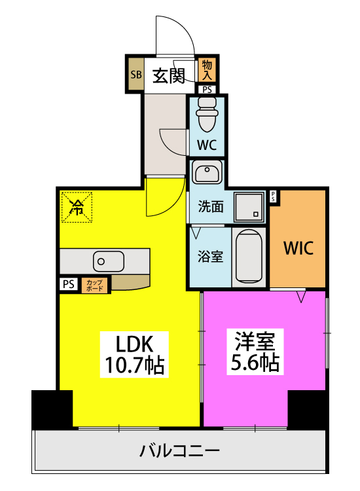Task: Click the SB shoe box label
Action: click(136, 75)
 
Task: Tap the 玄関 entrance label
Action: click(169, 76)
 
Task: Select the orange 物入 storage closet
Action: click(207, 70)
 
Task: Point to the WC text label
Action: click(207, 145)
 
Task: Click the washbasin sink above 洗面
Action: click(207, 172)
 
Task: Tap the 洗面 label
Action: click(211, 207)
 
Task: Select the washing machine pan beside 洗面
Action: click(249, 207)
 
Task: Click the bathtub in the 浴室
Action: click(249, 257)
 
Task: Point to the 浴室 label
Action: click(210, 257)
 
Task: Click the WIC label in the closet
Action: click(298, 248)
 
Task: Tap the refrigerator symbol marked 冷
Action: click(77, 207)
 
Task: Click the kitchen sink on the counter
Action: click(108, 261)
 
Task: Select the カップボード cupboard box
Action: click(95, 285)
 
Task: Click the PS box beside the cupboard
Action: click(69, 284)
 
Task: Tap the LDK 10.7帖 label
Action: click(134, 354)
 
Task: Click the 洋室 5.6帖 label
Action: click(255, 352)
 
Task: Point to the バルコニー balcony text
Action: click(180, 451)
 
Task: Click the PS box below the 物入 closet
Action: click(207, 90)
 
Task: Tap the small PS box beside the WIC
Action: click(273, 196)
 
